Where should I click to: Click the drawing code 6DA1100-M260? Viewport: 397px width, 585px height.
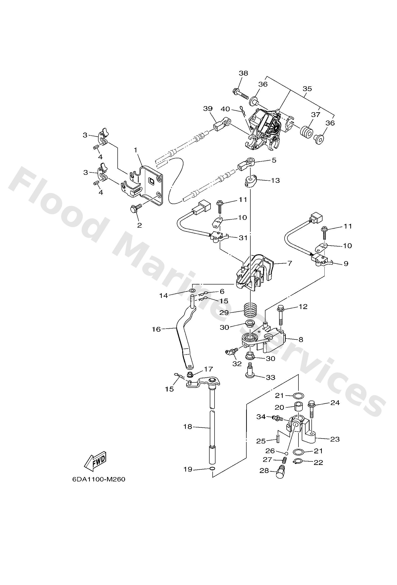tap(99, 479)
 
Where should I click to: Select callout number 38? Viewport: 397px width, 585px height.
tap(243, 73)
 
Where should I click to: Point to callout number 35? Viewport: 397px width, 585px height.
tap(307, 89)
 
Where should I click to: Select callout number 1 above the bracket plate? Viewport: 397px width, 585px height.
tap(136, 150)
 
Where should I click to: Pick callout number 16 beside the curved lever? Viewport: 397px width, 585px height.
tap(156, 329)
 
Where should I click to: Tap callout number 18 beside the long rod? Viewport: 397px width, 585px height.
tap(188, 426)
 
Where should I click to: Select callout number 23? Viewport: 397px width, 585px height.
tap(335, 439)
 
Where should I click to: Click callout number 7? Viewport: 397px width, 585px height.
tap(289, 263)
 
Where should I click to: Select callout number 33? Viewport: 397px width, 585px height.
tap(271, 378)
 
